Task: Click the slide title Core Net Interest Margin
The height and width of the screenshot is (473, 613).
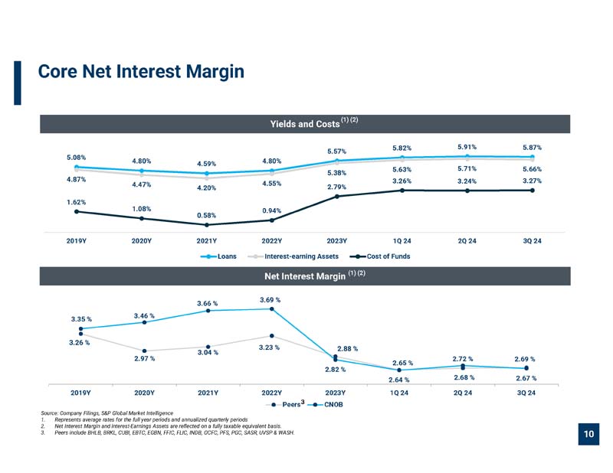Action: [x=141, y=71]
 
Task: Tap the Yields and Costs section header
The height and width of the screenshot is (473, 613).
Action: [x=305, y=124]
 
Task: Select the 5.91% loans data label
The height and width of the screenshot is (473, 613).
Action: [x=467, y=147]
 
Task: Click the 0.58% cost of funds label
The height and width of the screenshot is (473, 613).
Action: [x=206, y=215]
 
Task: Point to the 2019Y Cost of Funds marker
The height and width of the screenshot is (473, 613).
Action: [x=77, y=212]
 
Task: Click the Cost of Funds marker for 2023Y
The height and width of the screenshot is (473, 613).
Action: [x=337, y=197]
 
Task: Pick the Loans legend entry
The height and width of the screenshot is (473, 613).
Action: [x=218, y=256]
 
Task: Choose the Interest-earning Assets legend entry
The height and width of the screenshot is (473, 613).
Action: [x=293, y=256]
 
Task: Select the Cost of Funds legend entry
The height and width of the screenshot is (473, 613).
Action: [x=380, y=256]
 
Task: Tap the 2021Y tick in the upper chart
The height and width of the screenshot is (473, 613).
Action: [x=206, y=241]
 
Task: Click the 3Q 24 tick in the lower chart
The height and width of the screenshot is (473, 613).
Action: [x=526, y=393]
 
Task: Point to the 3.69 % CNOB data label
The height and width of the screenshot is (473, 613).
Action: [x=270, y=300]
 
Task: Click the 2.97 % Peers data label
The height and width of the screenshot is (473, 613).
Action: [x=145, y=358]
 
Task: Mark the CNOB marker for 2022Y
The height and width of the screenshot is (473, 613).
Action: [x=272, y=309]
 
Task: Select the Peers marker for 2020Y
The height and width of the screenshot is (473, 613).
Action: [x=144, y=351]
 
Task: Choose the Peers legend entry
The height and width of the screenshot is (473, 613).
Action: [x=285, y=404]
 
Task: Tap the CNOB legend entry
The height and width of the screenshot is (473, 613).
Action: [x=325, y=405]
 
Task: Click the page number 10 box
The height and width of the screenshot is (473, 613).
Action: [x=588, y=434]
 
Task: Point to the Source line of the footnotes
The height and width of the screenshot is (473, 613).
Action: [x=107, y=413]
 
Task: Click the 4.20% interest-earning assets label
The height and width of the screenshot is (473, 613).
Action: [x=206, y=188]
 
